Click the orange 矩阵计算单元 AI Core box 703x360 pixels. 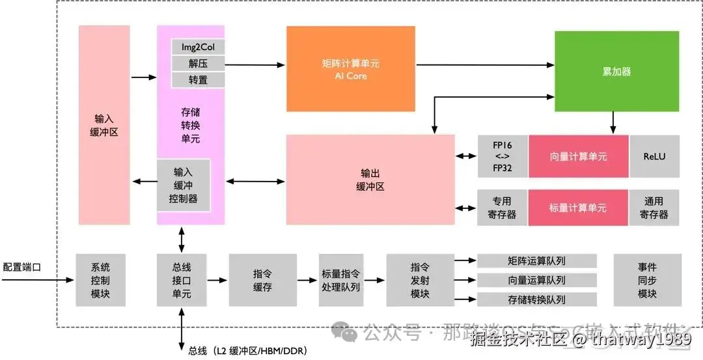point(350,68)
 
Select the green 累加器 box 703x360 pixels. point(616,71)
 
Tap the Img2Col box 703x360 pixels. point(198,47)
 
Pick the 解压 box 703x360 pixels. point(198,63)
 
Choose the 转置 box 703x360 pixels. point(198,79)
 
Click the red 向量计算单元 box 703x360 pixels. point(578,156)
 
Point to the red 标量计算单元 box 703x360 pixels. point(578,208)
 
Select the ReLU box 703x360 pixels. point(654,156)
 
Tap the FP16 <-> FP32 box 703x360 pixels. point(502,156)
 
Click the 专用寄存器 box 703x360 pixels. point(502,208)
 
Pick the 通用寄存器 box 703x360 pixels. point(654,208)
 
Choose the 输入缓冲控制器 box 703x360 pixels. point(183,185)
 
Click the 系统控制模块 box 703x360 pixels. point(100,280)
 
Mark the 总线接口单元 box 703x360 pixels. point(182,280)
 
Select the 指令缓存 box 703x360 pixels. point(262,280)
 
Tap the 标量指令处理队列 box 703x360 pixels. point(340,280)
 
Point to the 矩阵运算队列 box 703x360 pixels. point(536,261)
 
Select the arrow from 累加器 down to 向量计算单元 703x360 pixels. point(613,122)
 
